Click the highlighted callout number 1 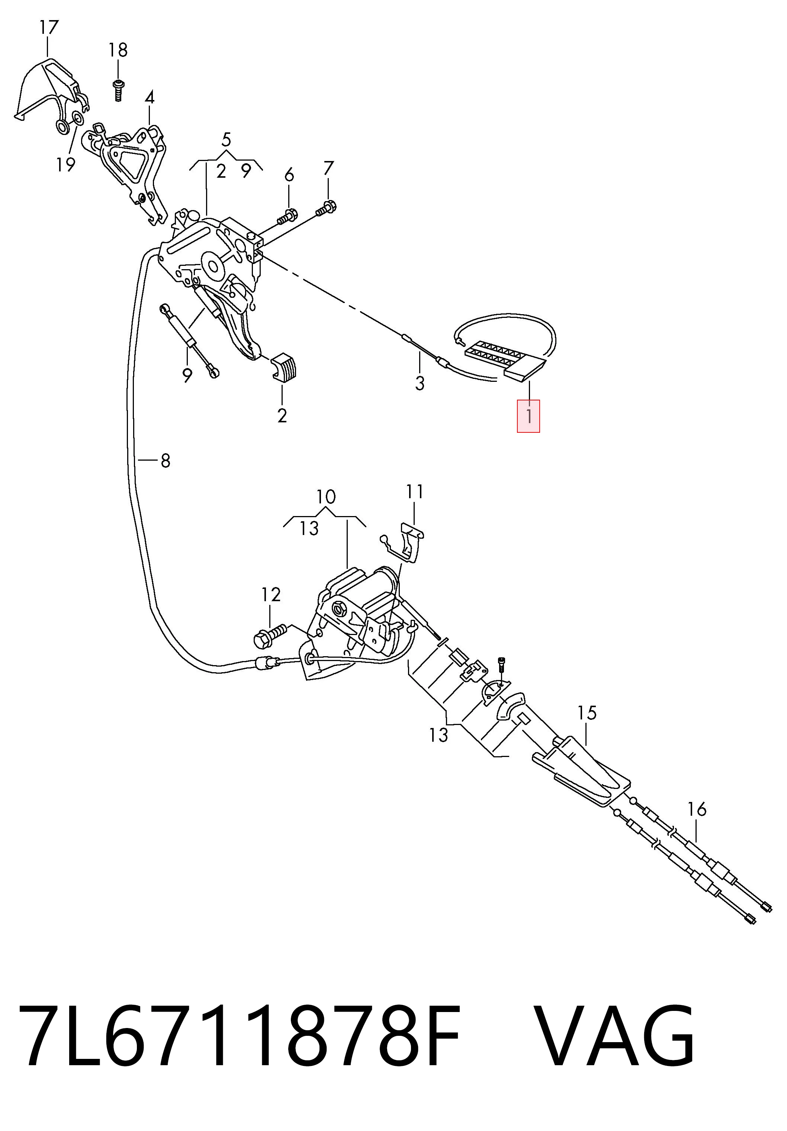[528, 416]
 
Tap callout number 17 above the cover [49, 28]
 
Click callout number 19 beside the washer [65, 165]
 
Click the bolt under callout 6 [287, 216]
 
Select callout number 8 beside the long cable [165, 461]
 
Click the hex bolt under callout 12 [270, 637]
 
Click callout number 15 [587, 713]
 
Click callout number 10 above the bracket [326, 496]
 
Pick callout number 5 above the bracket [226, 140]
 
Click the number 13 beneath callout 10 [309, 528]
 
